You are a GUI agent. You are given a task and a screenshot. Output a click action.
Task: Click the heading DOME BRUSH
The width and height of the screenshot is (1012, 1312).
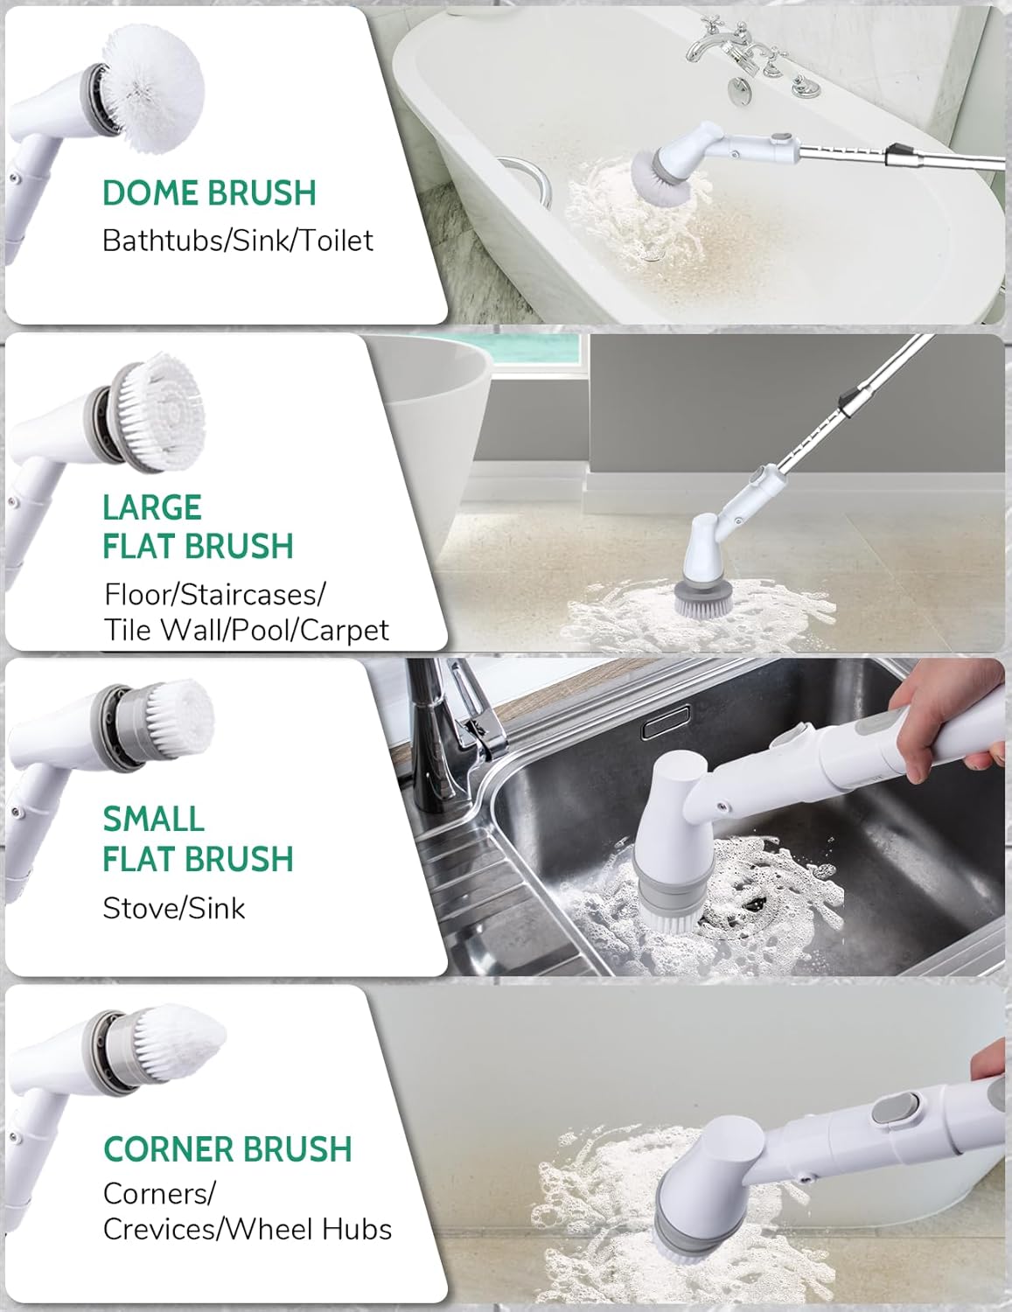tap(210, 193)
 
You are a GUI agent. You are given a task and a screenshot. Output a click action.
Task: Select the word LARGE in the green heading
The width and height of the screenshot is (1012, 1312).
tap(152, 507)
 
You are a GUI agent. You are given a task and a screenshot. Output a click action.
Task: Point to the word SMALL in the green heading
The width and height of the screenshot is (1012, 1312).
tap(153, 820)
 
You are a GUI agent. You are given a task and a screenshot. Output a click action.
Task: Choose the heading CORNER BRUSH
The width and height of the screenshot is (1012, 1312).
tap(227, 1148)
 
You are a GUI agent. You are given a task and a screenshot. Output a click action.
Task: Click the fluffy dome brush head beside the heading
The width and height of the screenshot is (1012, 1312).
tap(154, 87)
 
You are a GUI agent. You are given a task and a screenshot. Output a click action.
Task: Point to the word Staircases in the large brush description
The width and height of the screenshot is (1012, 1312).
tap(250, 595)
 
